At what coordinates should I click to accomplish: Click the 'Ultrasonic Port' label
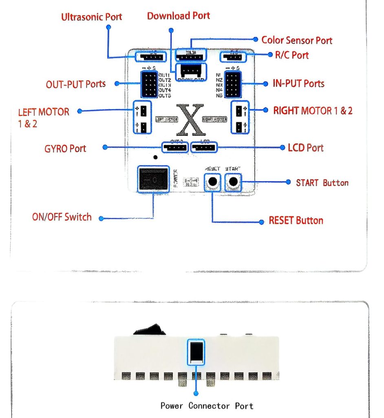click(92, 17)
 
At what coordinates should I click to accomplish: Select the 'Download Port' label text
click(179, 16)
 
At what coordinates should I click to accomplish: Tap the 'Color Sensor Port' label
click(296, 40)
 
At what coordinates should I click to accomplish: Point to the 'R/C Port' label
click(292, 55)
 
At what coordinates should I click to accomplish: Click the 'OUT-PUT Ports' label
click(76, 84)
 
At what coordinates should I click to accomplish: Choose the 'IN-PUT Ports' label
click(298, 84)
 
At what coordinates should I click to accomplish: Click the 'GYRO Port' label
click(65, 148)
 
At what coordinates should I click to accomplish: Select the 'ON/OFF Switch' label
click(62, 217)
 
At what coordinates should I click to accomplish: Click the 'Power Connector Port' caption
click(207, 406)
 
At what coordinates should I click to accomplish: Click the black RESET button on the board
click(212, 182)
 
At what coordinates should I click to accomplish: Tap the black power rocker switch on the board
click(153, 179)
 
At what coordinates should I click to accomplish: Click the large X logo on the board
click(191, 120)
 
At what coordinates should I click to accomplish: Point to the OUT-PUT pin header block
click(150, 84)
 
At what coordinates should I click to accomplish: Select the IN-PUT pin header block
click(233, 84)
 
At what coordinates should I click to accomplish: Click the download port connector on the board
click(191, 72)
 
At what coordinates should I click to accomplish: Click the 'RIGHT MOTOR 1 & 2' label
click(313, 111)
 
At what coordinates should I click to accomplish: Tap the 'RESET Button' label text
click(296, 221)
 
